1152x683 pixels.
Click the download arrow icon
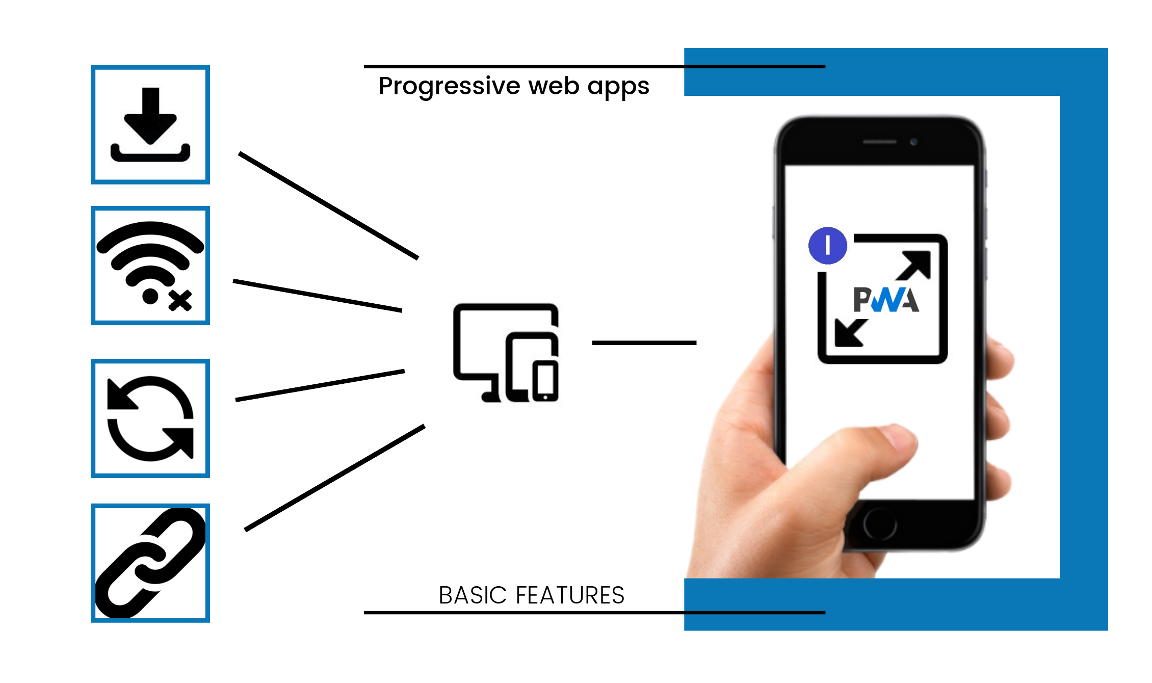[x=150, y=125]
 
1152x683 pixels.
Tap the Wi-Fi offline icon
[x=150, y=265]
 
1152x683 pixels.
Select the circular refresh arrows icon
[x=150, y=418]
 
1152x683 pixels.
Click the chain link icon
[x=150, y=563]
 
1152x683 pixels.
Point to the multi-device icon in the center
[x=506, y=353]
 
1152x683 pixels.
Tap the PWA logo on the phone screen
[x=886, y=300]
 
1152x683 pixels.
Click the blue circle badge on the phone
[x=828, y=245]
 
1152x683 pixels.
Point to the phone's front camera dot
[x=913, y=142]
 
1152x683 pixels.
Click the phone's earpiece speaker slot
[x=879, y=142]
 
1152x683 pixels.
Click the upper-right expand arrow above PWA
[x=915, y=265]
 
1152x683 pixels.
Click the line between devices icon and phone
[x=644, y=343]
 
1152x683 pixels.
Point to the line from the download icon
[x=329, y=206]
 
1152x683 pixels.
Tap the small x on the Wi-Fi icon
[x=180, y=300]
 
